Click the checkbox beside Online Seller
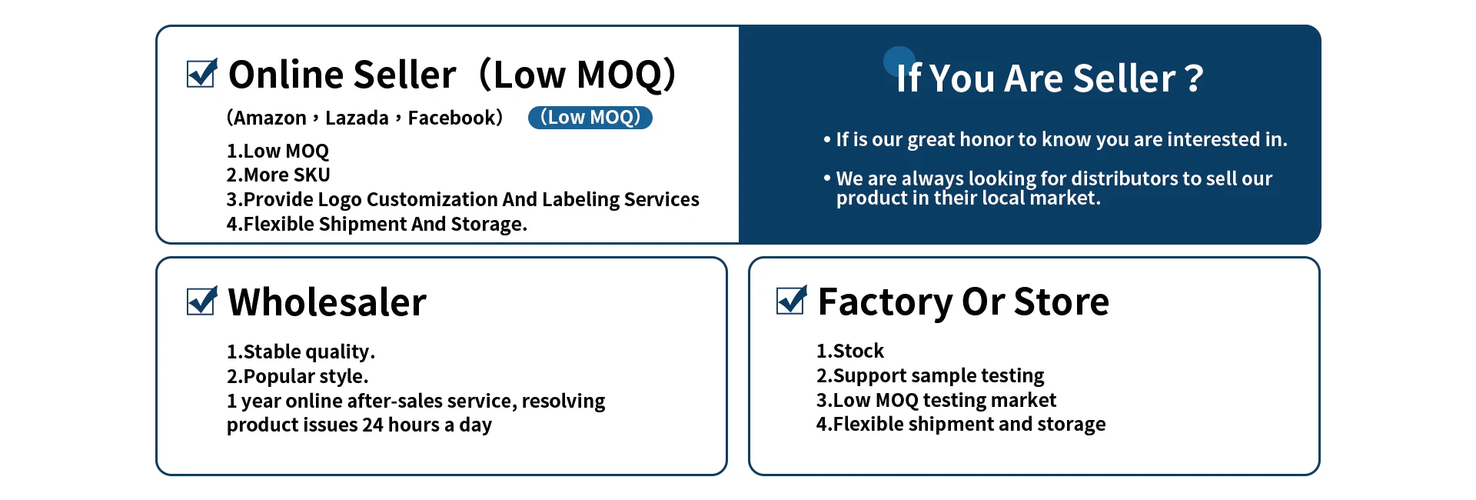coord(201,74)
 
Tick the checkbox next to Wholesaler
coord(201,301)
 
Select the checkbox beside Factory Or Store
coord(791,300)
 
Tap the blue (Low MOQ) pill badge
coord(590,118)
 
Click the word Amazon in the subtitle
coord(270,118)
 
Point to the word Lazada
coord(357,118)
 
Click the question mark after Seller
coord(1194,78)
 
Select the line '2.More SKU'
coord(278,175)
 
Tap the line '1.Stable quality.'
coord(301,352)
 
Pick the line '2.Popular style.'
coord(298,376)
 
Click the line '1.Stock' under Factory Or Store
coord(850,351)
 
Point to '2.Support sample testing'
coord(930,375)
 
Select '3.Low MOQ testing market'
coord(936,400)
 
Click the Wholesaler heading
coord(327,302)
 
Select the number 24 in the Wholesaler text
coord(373,425)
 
